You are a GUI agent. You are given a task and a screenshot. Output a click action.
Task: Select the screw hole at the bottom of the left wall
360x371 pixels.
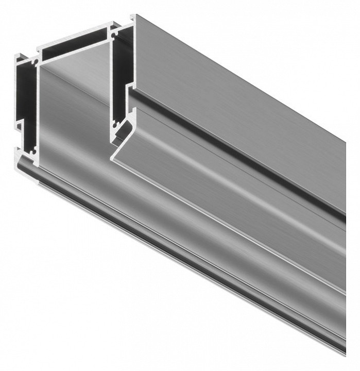34,151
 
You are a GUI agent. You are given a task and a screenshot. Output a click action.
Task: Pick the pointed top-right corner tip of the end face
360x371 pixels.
133,15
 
